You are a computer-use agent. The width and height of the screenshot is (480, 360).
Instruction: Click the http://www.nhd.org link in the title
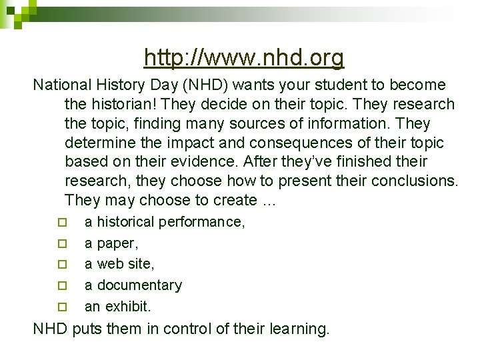pyautogui.click(x=244, y=59)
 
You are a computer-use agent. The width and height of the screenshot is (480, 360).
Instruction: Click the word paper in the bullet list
pyautogui.click(x=115, y=243)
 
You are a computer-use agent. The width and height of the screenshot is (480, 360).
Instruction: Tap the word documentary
pyautogui.click(x=139, y=285)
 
